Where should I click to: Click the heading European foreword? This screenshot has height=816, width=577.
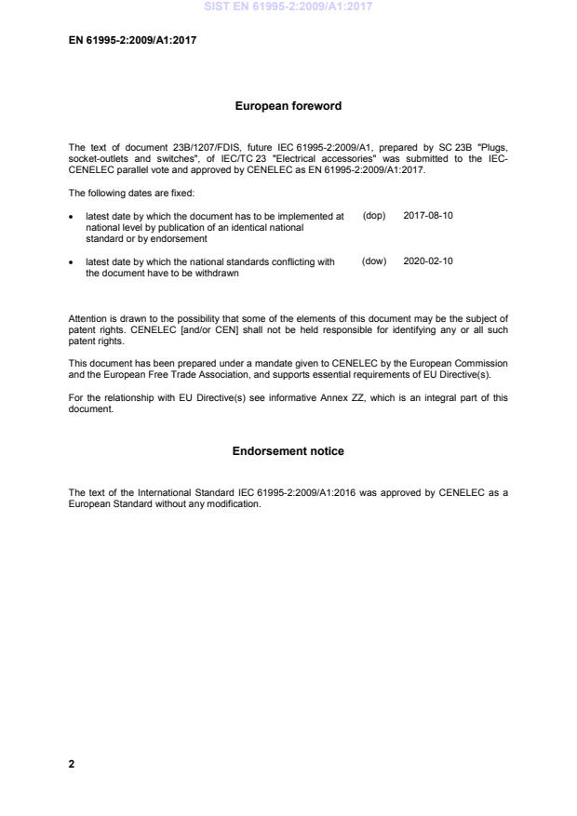click(288, 106)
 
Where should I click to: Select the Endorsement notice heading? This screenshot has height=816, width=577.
click(288, 451)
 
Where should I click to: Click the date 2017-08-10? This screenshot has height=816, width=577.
click(428, 215)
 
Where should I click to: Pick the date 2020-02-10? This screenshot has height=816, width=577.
click(428, 261)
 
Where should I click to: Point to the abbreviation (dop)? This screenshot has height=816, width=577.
click(373, 215)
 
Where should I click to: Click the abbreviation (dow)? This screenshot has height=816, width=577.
click(373, 261)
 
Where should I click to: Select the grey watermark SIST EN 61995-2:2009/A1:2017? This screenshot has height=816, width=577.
click(288, 7)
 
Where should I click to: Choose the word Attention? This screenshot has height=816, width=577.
click(88, 319)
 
